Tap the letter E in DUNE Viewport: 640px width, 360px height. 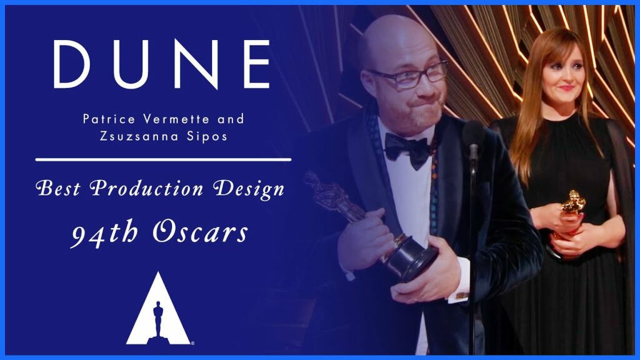257,64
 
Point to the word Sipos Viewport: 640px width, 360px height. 207,136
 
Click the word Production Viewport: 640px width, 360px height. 146,189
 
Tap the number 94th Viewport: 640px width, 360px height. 104,234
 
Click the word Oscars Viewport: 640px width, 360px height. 200,232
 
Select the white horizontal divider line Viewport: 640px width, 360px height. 163,159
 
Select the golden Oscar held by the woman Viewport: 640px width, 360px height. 570,221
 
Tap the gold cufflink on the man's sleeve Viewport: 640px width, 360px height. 462,296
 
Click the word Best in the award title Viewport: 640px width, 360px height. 58,189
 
